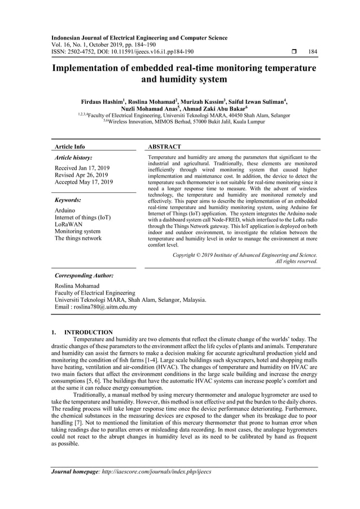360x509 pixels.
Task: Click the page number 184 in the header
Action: click(x=313, y=52)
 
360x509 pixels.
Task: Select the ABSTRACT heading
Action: click(x=164, y=147)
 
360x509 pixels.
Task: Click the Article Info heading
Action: click(x=69, y=147)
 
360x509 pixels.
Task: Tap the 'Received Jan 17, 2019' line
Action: click(x=82, y=168)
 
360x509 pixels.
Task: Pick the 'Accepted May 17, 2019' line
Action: click(x=84, y=182)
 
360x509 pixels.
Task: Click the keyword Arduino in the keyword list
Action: click(x=65, y=210)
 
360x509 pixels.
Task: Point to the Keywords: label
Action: click(x=69, y=200)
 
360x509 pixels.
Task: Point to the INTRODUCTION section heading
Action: click(x=89, y=332)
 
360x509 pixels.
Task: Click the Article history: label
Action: click(x=73, y=158)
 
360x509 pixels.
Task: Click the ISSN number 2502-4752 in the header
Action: click(x=86, y=52)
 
